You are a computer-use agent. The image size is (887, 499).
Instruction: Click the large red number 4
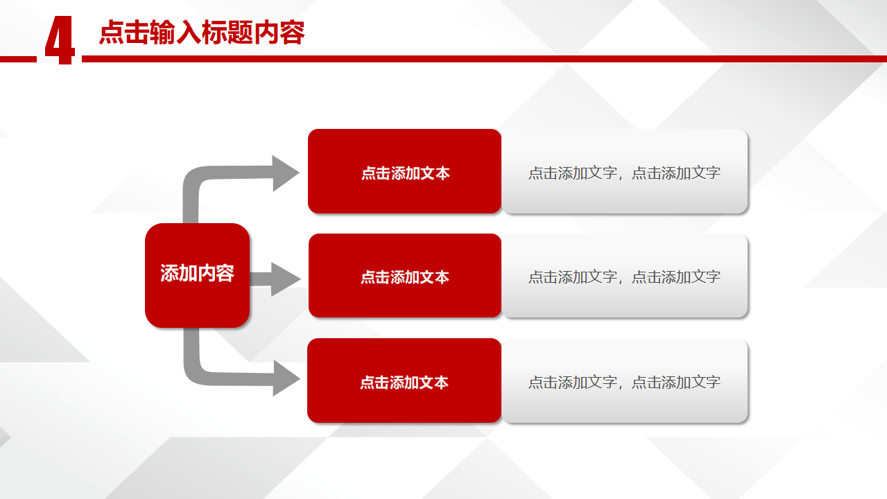60,40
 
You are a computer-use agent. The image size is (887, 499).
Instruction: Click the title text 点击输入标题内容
202,33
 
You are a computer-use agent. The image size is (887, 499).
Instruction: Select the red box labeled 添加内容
197,275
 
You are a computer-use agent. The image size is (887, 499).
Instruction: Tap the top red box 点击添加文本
405,171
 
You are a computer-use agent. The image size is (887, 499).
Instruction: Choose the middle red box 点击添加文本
405,275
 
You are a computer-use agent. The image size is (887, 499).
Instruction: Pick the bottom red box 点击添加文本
404,380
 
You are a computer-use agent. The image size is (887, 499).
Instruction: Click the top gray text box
625,171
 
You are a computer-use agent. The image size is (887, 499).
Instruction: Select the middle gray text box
625,275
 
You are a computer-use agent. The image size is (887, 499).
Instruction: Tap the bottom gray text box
625,380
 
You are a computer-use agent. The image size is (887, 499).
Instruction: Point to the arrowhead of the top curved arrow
285,173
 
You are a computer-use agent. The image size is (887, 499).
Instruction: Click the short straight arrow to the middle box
275,279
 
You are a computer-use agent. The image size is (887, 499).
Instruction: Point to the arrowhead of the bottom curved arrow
286,378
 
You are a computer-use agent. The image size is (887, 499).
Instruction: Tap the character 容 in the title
292,33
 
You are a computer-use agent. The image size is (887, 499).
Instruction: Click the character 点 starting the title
112,33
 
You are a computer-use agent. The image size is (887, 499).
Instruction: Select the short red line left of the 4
18,60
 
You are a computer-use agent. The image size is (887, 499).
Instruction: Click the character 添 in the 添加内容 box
169,273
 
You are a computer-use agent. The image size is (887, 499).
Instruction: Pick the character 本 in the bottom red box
441,383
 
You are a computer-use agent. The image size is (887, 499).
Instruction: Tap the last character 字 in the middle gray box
713,277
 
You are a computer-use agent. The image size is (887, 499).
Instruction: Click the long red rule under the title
484,59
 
